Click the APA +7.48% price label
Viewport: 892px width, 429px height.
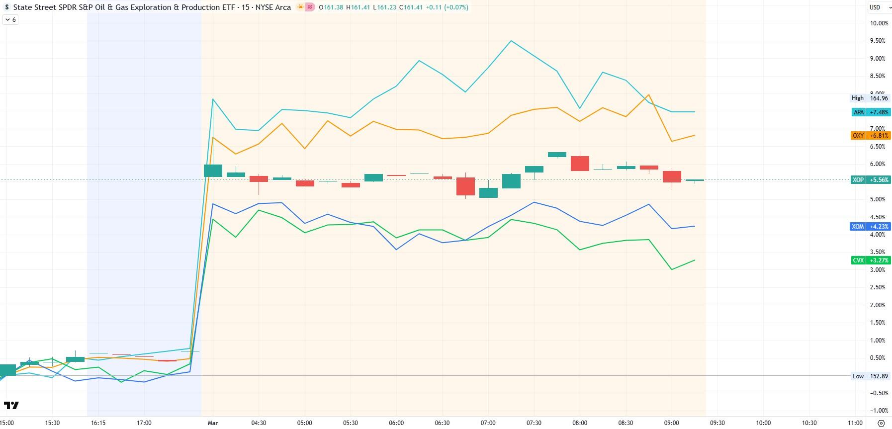[x=871, y=112]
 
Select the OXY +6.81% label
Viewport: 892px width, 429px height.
[x=871, y=136]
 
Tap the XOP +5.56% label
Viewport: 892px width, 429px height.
[x=871, y=180]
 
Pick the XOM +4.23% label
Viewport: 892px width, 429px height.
[x=871, y=227]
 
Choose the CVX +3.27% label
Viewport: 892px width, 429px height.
[x=871, y=260]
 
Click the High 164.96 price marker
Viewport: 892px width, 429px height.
[x=871, y=98]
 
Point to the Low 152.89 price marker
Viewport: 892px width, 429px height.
[x=871, y=376]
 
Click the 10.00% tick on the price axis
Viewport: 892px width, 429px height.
[x=879, y=23]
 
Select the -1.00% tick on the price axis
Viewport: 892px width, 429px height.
[x=879, y=411]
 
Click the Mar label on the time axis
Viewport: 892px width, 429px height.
[x=213, y=423]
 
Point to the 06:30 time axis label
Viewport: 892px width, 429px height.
[x=442, y=423]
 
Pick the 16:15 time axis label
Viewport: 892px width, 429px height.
[x=98, y=423]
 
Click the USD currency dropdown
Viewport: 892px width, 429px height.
[x=878, y=7]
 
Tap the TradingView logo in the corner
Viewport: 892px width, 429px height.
[x=11, y=406]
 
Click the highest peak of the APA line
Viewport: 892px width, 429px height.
[x=511, y=41]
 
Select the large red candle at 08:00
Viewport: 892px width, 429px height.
[x=580, y=164]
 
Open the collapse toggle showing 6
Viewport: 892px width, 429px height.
[x=10, y=20]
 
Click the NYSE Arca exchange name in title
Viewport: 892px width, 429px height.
[x=273, y=7]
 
